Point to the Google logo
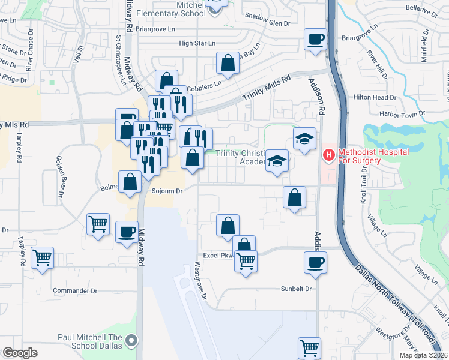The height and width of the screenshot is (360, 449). pos(20,353)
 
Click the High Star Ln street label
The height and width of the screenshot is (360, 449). pos(197,43)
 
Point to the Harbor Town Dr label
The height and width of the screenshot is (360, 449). pos(402,114)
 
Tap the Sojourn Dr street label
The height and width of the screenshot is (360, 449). pos(167,191)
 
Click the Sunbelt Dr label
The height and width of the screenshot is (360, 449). pos(297,289)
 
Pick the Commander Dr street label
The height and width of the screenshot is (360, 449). pos(75,290)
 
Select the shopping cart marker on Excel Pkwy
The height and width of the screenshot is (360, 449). pos(246,261)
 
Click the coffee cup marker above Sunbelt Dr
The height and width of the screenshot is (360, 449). pos(316,262)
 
